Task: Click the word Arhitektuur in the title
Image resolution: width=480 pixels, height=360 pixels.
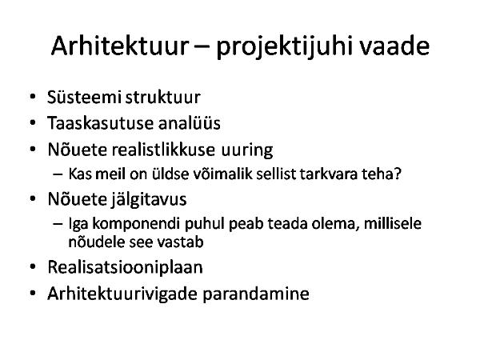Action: (x=120, y=46)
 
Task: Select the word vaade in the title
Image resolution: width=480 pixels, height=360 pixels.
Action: (x=394, y=46)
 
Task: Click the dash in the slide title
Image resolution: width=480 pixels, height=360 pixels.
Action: (x=202, y=47)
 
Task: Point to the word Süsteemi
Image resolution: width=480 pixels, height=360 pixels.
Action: (x=85, y=97)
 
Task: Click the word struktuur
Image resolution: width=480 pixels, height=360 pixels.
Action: (x=163, y=98)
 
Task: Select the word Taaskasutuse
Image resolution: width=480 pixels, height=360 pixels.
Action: (x=100, y=123)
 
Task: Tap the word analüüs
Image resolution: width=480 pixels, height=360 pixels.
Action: (x=189, y=123)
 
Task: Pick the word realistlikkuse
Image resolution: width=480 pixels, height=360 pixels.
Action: (x=163, y=150)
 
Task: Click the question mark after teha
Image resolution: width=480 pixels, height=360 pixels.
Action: (x=397, y=174)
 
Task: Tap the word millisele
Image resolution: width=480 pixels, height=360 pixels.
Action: (x=393, y=223)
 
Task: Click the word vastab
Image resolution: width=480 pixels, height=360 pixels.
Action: (x=180, y=242)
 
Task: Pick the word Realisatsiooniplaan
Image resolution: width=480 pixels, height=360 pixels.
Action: (x=126, y=267)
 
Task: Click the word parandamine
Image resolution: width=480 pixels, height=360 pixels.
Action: (x=256, y=294)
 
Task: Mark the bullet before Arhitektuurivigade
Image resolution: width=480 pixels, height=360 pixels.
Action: (x=33, y=294)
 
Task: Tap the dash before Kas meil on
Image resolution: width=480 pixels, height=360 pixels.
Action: (x=58, y=174)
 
